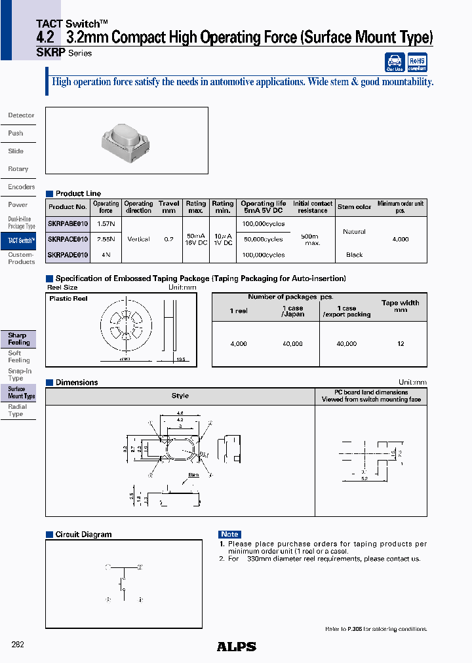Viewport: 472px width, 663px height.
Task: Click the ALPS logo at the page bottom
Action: [x=236, y=647]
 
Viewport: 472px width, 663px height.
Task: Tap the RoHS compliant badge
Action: [x=417, y=63]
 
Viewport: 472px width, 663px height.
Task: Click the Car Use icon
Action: [x=395, y=63]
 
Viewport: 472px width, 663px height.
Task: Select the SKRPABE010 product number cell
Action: [x=68, y=223]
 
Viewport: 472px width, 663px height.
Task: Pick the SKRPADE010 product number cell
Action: [x=68, y=255]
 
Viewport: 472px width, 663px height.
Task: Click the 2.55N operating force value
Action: [x=106, y=239]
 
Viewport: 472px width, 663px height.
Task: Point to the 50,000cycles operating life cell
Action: [x=263, y=239]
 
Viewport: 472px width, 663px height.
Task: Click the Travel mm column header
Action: [x=169, y=207]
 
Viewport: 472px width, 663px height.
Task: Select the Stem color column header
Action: [x=355, y=207]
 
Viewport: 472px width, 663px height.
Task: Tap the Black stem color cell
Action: [x=354, y=255]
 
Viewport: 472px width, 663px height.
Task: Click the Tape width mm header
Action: [x=401, y=306]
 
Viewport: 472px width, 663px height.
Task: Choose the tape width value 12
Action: [x=401, y=343]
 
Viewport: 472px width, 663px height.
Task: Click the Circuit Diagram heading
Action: [x=83, y=535]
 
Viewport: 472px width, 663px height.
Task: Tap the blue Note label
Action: [x=229, y=535]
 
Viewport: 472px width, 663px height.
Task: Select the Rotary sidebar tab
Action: [x=18, y=169]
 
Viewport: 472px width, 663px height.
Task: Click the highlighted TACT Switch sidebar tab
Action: [x=18, y=240]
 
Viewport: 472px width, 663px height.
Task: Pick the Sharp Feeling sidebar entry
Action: [x=18, y=339]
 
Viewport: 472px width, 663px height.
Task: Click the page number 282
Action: [x=18, y=645]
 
